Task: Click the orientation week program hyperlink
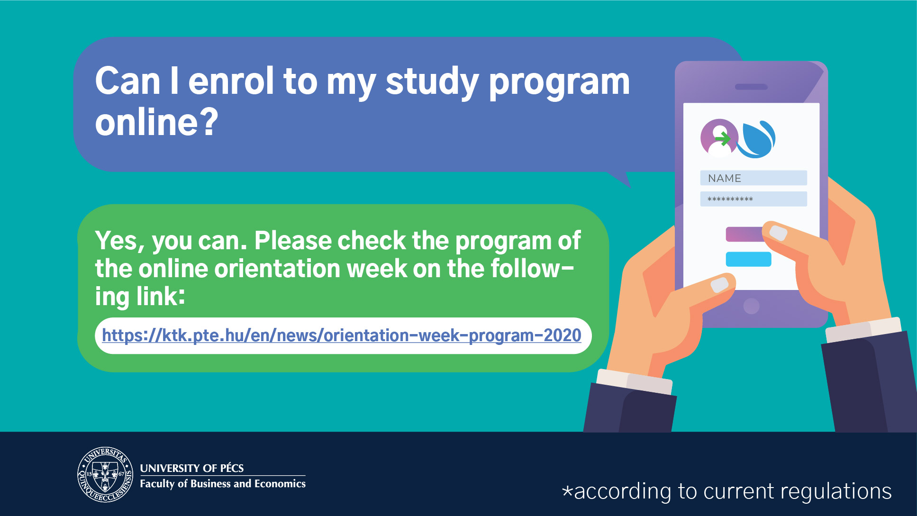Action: pyautogui.click(x=342, y=335)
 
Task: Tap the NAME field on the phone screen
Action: pyautogui.click(x=754, y=178)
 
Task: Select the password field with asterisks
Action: pyautogui.click(x=754, y=199)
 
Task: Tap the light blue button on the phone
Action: pyautogui.click(x=749, y=259)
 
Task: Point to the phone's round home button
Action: pyautogui.click(x=752, y=306)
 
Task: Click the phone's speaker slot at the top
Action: pyautogui.click(x=751, y=87)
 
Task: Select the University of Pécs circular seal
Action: pyautogui.click(x=105, y=474)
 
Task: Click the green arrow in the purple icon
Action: pyautogui.click(x=723, y=138)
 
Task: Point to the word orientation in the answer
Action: pyautogui.click(x=278, y=269)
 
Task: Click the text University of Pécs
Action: pyautogui.click(x=192, y=468)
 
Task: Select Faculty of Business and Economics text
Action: pyautogui.click(x=223, y=484)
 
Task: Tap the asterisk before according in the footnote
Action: pyautogui.click(x=567, y=490)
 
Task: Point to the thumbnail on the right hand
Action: pyautogui.click(x=778, y=233)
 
